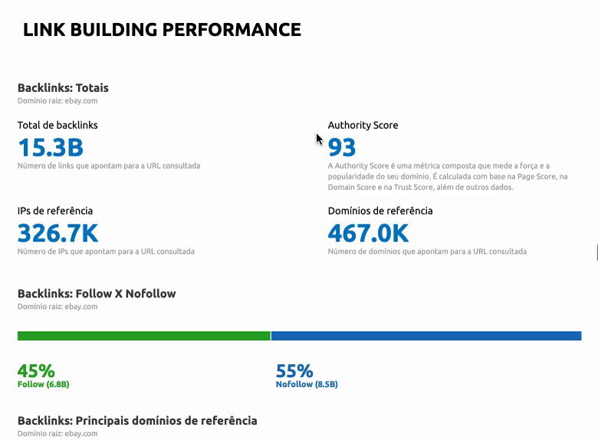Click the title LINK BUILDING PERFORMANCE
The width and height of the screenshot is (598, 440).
click(162, 30)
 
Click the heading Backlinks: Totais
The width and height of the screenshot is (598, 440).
click(63, 87)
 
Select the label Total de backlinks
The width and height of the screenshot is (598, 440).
click(58, 125)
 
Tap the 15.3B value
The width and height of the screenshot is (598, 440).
click(51, 146)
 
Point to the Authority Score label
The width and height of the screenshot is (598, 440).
click(363, 125)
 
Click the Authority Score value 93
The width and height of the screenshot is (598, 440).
click(342, 146)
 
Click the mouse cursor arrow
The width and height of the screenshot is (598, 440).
click(319, 139)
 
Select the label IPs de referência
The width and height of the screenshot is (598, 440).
click(55, 211)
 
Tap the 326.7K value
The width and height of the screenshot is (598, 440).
click(58, 232)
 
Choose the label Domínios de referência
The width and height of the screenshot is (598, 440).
click(380, 211)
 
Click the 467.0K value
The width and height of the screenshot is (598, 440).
click(368, 232)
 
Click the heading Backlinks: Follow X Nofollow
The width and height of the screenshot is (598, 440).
click(97, 294)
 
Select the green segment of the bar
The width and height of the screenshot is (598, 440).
click(144, 336)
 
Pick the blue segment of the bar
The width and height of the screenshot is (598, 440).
click(426, 336)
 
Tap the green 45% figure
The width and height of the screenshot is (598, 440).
click(36, 371)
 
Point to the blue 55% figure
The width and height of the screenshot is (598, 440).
click(294, 371)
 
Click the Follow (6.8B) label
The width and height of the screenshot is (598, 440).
click(43, 384)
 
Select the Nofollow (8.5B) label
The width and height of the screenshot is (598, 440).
click(307, 384)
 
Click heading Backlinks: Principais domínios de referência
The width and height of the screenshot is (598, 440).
click(137, 420)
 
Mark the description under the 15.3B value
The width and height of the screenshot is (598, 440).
click(109, 166)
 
